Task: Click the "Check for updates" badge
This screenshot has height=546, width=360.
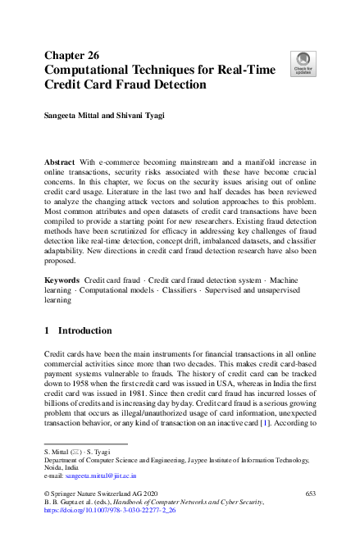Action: (x=303, y=63)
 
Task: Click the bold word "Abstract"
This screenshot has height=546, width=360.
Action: (x=62, y=164)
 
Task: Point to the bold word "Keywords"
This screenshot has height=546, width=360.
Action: (x=63, y=280)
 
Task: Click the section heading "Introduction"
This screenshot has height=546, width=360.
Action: (x=84, y=330)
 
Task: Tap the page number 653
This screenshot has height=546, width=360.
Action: (x=310, y=493)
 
